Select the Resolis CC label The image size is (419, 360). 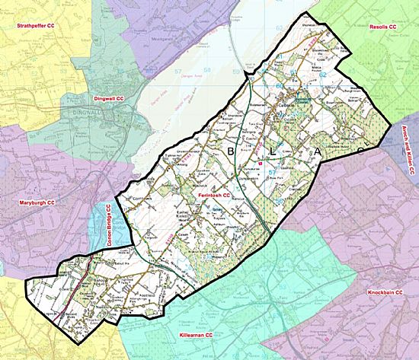(x=382, y=27)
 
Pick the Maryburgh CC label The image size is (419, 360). (x=37, y=203)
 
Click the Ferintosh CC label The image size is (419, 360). (x=213, y=196)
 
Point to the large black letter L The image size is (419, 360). (x=273, y=151)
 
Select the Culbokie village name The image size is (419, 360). (x=285, y=106)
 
